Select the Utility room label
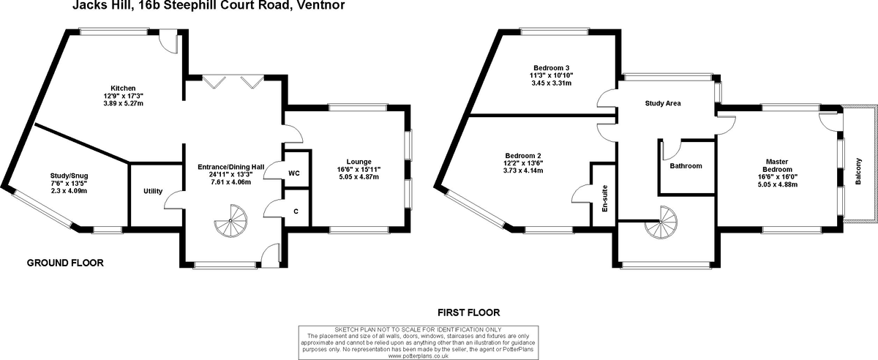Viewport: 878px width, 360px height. click(154, 191)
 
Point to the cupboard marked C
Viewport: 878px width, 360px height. click(295, 211)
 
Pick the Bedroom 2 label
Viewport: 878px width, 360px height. click(523, 155)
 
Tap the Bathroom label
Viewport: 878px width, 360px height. click(686, 166)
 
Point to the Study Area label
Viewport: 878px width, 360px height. click(663, 103)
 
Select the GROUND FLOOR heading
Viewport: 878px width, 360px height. click(65, 262)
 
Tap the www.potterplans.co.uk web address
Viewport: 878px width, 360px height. click(418, 356)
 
